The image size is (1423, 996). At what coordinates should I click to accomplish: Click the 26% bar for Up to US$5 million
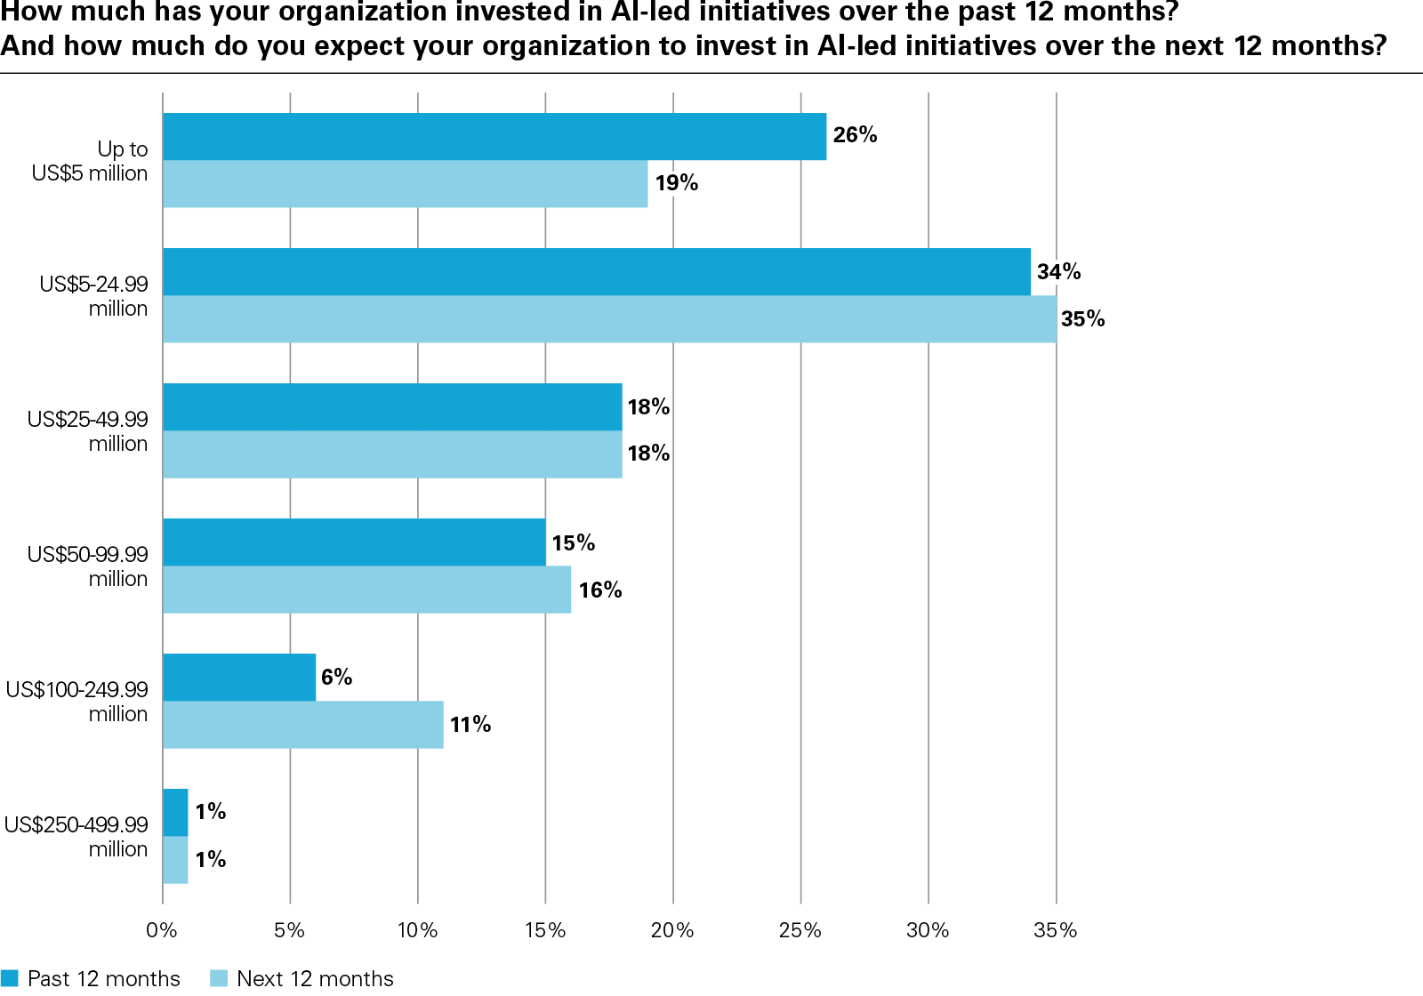pos(494,136)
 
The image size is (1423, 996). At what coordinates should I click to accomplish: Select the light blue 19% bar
pos(405,183)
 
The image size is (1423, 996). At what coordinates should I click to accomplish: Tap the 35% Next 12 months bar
pos(609,318)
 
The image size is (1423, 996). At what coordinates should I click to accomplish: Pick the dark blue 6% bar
pos(239,677)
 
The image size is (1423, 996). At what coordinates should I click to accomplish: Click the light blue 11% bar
pos(302,724)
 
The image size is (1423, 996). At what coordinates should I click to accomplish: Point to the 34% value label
pos(1058,271)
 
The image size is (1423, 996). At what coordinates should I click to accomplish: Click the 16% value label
pos(599,590)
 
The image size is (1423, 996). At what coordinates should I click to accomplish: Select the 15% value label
pos(573,542)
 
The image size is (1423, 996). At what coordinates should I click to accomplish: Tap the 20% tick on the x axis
pos(672,930)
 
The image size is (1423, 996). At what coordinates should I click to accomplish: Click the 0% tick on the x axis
pos(162,930)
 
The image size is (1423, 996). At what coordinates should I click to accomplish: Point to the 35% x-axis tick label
pos(1056,930)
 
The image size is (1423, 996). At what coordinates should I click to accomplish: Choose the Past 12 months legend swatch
pos(10,978)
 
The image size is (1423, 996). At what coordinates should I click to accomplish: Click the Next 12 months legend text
pos(315,978)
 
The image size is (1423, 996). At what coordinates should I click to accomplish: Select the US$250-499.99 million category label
pos(76,836)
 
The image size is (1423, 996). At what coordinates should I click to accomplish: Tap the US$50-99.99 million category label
pos(88,566)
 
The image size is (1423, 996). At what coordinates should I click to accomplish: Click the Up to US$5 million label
pos(90,161)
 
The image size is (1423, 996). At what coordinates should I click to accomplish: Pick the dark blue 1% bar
pos(175,812)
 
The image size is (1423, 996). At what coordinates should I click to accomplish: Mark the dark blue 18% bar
pos(392,406)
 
